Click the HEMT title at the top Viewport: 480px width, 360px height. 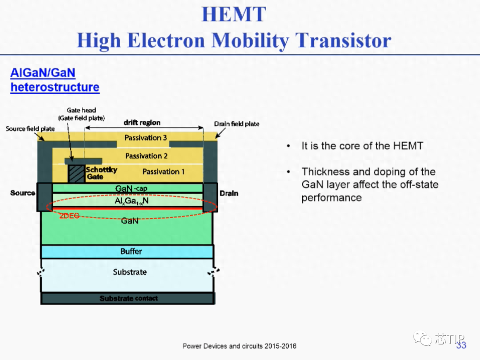tap(234, 14)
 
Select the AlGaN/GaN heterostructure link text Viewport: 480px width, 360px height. tap(55, 80)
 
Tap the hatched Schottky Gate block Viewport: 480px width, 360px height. tap(76, 174)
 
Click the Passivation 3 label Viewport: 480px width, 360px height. tap(145, 138)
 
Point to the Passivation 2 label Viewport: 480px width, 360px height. tap(146, 156)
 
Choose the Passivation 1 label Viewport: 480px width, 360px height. tap(164, 172)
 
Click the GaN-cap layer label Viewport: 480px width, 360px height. tap(131, 188)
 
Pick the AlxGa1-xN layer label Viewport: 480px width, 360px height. tap(132, 201)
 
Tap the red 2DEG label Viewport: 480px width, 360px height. tap(69, 216)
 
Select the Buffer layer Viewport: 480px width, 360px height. tap(127, 251)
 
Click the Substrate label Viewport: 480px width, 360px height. tap(130, 272)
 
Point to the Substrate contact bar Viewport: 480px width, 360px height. tap(128, 298)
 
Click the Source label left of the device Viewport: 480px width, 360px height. tap(23, 193)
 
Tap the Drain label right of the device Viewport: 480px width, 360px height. tap(229, 193)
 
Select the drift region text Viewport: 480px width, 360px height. tap(142, 123)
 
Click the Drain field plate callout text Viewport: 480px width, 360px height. tap(236, 124)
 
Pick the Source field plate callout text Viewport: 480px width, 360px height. tap(30, 129)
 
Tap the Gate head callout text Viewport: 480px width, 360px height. tap(81, 110)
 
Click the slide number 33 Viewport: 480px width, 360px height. tap(461, 345)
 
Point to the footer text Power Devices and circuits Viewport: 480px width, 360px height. tap(240, 346)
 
